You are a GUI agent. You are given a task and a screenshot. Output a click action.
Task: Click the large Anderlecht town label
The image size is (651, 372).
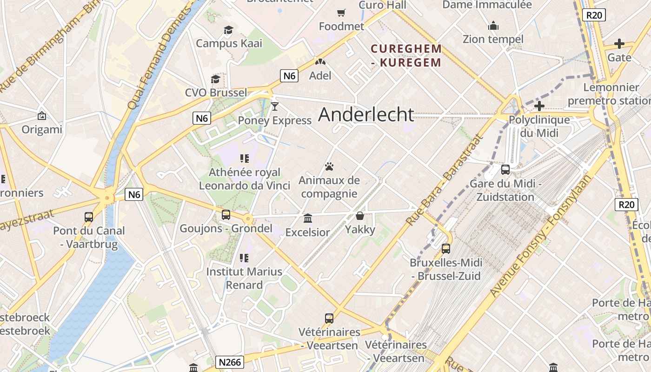click(366, 115)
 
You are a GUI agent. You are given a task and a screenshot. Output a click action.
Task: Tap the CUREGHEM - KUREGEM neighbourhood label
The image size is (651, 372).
click(406, 55)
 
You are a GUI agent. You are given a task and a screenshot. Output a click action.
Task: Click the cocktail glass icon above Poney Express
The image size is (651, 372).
click(274, 106)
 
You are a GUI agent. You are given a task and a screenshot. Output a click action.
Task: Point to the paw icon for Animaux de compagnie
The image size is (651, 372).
click(329, 166)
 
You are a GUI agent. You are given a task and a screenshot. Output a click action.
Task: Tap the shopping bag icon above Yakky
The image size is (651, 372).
click(359, 216)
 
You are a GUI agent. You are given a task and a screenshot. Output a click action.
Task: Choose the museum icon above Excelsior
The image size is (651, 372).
click(307, 218)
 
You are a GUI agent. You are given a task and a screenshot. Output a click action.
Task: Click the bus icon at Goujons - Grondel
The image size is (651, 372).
click(226, 214)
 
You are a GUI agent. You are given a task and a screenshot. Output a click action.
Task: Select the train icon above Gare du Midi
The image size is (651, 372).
click(505, 170)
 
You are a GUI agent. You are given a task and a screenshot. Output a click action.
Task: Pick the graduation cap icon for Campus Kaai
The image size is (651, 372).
click(228, 30)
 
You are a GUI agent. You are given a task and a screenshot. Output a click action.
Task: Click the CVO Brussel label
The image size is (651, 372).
click(216, 93)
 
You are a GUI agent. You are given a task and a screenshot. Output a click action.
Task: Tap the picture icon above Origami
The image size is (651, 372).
click(42, 116)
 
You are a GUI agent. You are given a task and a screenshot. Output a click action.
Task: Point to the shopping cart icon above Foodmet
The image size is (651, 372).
click(341, 13)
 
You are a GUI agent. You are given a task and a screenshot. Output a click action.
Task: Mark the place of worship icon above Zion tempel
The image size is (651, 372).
click(493, 25)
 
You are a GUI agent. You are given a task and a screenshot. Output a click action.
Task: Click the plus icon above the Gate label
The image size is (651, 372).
click(619, 44)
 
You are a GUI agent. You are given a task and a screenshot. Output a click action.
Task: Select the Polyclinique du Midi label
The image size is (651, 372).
click(539, 126)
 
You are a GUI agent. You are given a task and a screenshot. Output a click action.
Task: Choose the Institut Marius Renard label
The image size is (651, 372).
click(244, 278)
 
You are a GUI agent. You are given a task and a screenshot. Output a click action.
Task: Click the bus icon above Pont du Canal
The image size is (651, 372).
click(89, 217)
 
